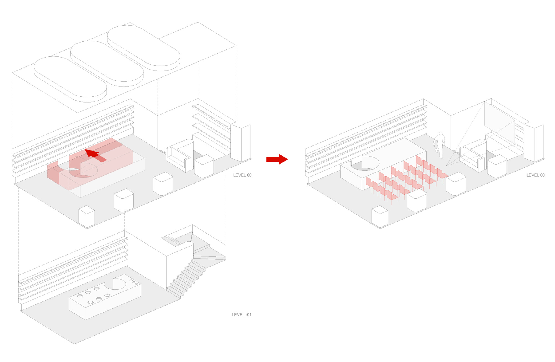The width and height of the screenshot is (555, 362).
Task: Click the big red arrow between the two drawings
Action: click(277, 159)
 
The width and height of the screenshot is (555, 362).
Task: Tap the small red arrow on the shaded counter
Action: click(95, 155)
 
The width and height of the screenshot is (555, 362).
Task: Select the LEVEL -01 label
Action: click(241, 314)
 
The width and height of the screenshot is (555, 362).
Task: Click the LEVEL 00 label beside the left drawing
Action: click(242, 175)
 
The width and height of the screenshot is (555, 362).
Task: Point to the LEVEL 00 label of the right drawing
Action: click(536, 175)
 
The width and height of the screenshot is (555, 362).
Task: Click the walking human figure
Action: click(439, 145)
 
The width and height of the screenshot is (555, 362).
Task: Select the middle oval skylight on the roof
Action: click(107, 63)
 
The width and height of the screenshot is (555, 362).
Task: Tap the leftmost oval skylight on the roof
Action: click(70, 79)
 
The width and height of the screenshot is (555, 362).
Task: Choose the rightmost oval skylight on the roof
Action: click(144, 48)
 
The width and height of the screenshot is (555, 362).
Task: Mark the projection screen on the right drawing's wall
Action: click(500, 122)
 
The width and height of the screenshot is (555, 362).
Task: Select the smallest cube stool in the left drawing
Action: click(87, 216)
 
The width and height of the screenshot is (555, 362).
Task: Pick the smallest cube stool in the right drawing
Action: click(380, 216)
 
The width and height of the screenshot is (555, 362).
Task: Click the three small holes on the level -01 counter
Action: click(134, 282)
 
